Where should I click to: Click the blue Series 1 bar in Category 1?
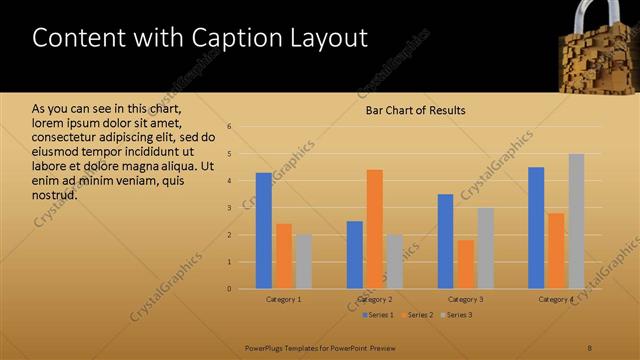point(264,231)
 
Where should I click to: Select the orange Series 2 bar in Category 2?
point(374,229)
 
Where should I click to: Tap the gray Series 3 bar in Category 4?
point(576,221)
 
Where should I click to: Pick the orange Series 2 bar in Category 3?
point(465,264)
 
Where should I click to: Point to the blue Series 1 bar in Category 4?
point(536,228)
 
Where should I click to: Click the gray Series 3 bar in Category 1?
point(303,261)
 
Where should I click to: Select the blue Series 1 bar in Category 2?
point(355,255)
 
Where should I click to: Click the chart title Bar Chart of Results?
point(415,110)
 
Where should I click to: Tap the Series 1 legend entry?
point(377,315)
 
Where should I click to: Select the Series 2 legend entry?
point(417,315)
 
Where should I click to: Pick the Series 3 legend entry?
point(456,315)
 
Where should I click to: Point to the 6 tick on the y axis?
point(230,127)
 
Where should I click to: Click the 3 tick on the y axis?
point(230,208)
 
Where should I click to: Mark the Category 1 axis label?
point(284,299)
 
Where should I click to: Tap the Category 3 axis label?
point(465,299)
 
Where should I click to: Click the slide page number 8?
point(590,348)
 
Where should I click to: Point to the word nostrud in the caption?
point(55,195)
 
